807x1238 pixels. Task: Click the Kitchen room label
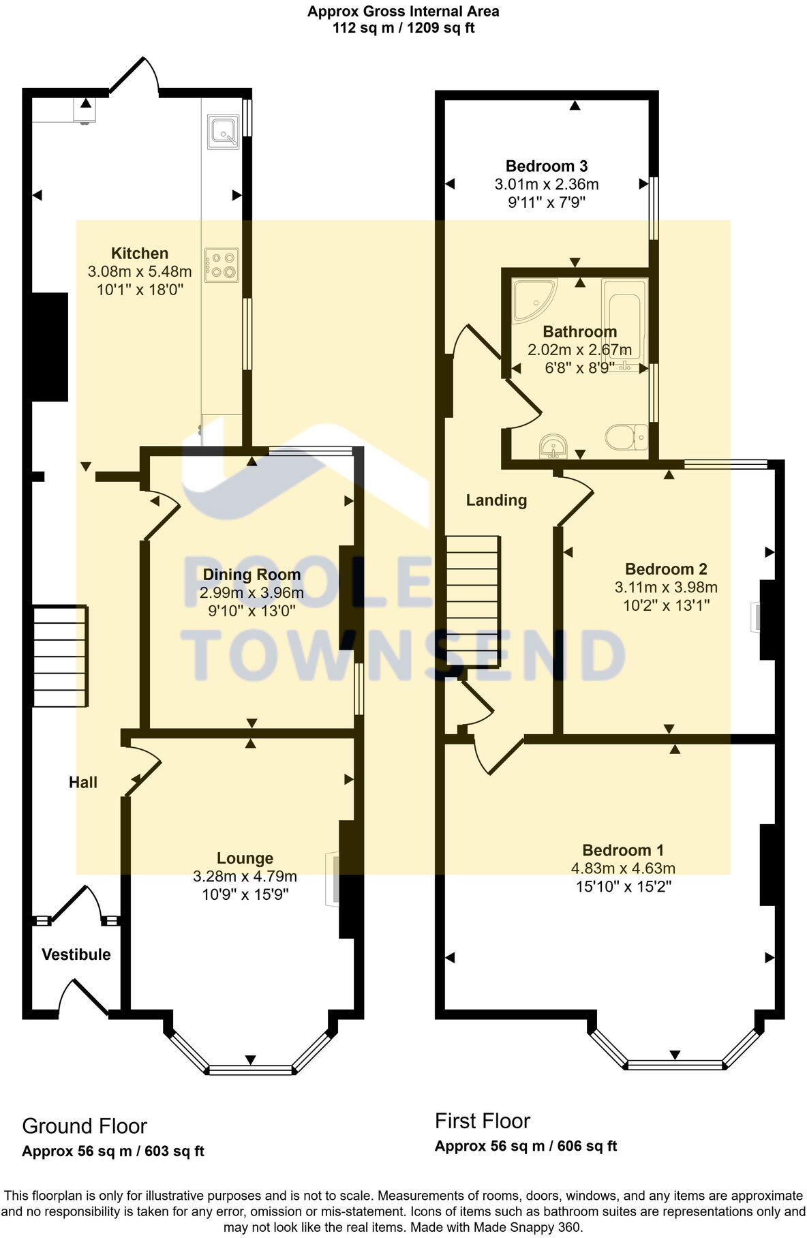pos(140,254)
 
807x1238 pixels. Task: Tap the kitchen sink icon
pos(224,132)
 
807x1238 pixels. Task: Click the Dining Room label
pos(252,575)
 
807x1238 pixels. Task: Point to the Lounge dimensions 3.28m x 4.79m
pos(245,876)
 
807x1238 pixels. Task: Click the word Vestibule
pos(76,954)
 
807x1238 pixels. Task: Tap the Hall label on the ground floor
pos(83,783)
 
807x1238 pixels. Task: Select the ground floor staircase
pos(61,656)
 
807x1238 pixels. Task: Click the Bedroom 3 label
pos(547,166)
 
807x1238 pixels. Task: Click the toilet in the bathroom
pos(626,437)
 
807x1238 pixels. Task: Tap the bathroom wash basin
pos(553,447)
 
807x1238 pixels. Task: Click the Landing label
pos(496,500)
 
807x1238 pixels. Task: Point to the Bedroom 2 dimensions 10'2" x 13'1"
pos(666,605)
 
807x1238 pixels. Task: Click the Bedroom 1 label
pos(623,850)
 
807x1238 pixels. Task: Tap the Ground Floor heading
pos(85,1126)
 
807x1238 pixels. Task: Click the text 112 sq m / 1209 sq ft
pos(403,28)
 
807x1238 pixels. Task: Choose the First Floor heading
pos(483,1121)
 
